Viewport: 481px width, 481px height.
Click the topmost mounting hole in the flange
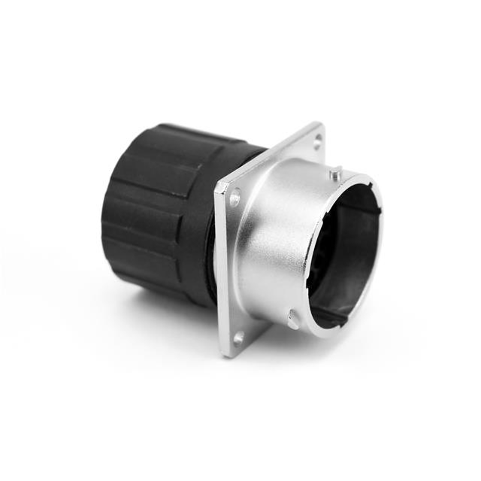(316, 138)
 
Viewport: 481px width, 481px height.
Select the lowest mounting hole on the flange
(238, 338)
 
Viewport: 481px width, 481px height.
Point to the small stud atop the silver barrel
(334, 174)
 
